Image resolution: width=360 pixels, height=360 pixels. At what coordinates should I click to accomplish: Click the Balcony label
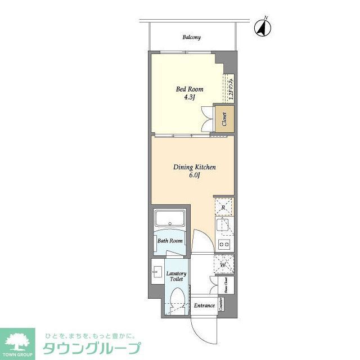[191, 38]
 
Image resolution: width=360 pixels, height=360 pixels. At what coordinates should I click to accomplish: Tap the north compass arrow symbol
[262, 26]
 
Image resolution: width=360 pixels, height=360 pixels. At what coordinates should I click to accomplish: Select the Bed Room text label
[190, 89]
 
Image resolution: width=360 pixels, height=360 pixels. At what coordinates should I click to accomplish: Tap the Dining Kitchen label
[193, 167]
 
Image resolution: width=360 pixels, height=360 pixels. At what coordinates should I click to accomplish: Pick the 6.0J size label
[193, 175]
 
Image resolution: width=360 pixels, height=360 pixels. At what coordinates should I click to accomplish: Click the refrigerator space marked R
[224, 208]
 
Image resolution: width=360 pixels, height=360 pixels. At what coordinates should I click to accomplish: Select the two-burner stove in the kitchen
[224, 244]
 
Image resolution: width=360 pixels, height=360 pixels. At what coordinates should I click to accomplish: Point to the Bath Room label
[170, 241]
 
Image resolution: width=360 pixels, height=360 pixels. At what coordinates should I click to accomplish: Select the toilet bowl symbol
[177, 299]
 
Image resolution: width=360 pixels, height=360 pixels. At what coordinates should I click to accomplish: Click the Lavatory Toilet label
[176, 276]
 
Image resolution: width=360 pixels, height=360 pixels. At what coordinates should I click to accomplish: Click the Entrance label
[204, 305]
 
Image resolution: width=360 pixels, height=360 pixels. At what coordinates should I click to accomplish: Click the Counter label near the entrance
[221, 304]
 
